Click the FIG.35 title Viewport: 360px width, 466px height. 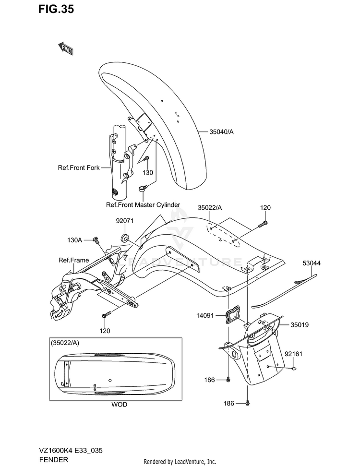[x=56, y=9]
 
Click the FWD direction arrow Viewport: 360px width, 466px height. [x=65, y=48]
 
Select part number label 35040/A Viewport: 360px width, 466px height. [x=221, y=131]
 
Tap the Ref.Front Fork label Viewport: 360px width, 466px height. [x=79, y=167]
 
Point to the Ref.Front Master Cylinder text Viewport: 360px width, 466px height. [x=143, y=205]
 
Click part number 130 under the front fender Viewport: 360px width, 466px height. [x=148, y=173]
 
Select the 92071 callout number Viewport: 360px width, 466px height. [x=125, y=221]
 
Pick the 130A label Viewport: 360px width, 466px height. [x=74, y=240]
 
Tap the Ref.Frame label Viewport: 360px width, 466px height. [x=74, y=260]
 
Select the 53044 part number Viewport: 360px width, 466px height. [x=312, y=263]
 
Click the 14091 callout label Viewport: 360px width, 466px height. [x=205, y=315]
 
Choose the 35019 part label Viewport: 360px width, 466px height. [x=300, y=325]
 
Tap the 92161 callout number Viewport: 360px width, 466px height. [x=293, y=354]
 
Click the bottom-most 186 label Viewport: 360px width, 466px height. [x=228, y=403]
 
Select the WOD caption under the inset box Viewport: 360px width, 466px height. [x=119, y=405]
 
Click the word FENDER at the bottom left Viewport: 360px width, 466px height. [x=53, y=459]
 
